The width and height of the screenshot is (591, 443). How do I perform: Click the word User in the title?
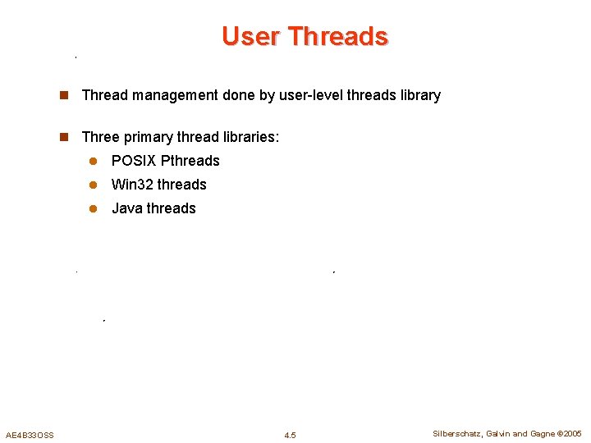[250, 37]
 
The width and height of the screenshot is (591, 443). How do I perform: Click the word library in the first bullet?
[420, 95]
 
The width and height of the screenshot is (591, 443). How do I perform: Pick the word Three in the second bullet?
[101, 136]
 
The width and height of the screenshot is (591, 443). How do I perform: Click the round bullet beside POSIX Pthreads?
[94, 161]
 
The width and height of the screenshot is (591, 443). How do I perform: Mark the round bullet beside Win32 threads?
[94, 185]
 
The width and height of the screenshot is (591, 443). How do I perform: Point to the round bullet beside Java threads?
[94, 208]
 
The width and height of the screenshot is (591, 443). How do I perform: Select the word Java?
[127, 208]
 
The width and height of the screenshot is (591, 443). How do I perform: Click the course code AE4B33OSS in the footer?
[30, 435]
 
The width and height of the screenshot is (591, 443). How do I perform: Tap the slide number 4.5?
[290, 435]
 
